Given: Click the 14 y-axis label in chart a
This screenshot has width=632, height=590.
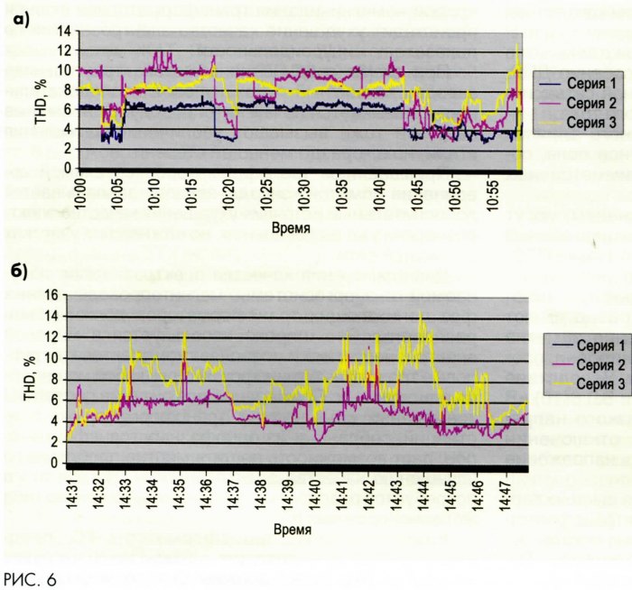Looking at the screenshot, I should [x=64, y=31].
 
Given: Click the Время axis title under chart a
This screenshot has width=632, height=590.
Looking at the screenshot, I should [x=291, y=229].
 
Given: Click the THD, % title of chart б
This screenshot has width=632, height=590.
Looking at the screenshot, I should [x=26, y=378].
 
